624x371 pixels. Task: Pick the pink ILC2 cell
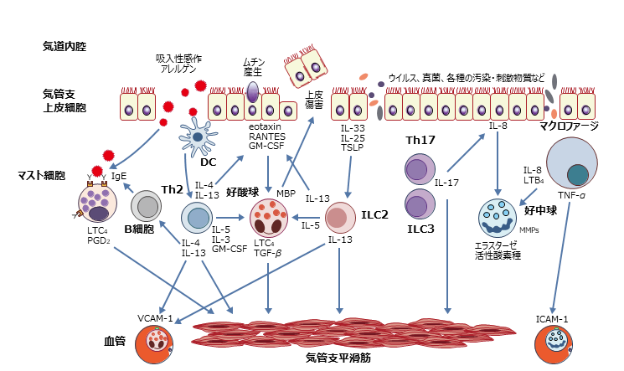click(x=339, y=218)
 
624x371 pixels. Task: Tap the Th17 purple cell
click(x=418, y=171)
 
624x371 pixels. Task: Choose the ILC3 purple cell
click(x=418, y=204)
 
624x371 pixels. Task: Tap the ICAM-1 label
click(x=552, y=317)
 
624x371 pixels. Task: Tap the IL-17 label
click(x=446, y=180)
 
